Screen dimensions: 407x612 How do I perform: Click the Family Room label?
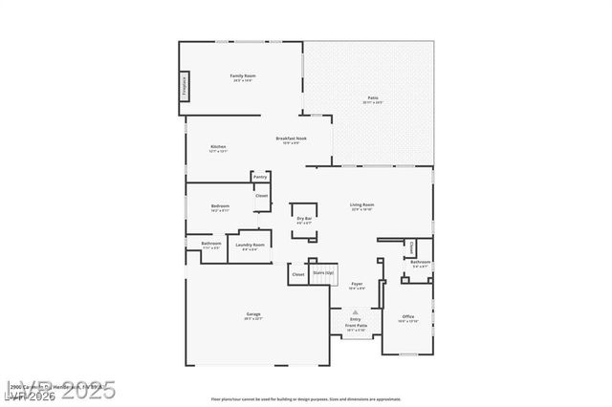point(243,75)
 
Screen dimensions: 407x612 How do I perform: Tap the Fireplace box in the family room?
point(184,85)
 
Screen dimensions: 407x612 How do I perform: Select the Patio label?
point(373,98)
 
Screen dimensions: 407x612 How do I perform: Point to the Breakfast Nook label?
point(291,139)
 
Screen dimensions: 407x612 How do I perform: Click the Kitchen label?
point(218,147)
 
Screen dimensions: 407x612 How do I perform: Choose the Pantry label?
point(260,177)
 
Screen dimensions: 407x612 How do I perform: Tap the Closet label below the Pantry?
point(261,196)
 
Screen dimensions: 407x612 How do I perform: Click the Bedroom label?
point(220,205)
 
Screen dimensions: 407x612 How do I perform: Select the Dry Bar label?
point(304,219)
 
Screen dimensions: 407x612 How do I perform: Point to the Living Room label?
point(362,204)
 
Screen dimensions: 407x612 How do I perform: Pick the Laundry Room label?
point(250,246)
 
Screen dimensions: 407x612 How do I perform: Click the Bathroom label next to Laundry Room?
point(211,243)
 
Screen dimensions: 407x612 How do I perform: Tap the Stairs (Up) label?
point(323,272)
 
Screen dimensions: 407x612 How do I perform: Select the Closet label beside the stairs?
point(298,274)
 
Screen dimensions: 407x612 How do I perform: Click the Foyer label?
point(356,284)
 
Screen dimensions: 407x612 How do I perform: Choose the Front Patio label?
point(356,325)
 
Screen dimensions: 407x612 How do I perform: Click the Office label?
point(407,317)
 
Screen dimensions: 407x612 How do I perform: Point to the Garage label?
point(252,314)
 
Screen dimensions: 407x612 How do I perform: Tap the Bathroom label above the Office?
point(419,262)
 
